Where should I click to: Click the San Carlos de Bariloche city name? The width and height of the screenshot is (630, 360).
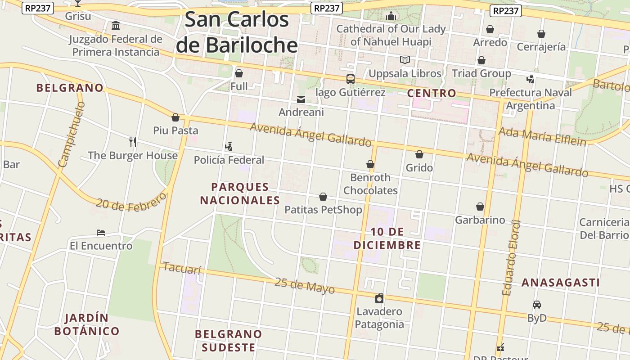coord(237,32)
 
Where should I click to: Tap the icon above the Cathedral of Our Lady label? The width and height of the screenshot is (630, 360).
coord(391,16)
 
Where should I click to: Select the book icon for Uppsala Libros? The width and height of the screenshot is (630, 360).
coord(405,60)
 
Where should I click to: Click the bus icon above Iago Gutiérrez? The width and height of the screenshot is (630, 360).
coord(350,79)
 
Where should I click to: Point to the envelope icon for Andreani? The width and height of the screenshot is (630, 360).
coord(301,99)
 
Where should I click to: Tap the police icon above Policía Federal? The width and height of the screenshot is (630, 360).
coord(229,147)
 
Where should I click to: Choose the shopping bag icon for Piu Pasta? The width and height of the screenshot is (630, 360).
coord(175,117)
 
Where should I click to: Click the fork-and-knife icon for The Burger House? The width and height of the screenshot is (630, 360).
coord(132,142)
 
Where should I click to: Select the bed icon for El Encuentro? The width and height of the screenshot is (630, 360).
coord(101,233)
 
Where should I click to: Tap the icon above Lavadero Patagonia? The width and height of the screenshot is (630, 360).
coord(379,298)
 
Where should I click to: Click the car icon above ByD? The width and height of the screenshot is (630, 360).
coord(536,305)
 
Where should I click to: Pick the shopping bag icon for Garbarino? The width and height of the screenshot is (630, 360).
coord(480,207)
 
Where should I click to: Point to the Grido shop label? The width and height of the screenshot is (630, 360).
coord(419,168)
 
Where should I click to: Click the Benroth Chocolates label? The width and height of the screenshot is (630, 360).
coord(370,184)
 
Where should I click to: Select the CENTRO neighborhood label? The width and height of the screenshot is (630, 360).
coord(431,94)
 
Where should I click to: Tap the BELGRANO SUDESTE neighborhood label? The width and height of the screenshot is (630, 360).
coord(228,341)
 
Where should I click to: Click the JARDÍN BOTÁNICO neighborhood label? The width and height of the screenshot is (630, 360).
coord(86,324)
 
